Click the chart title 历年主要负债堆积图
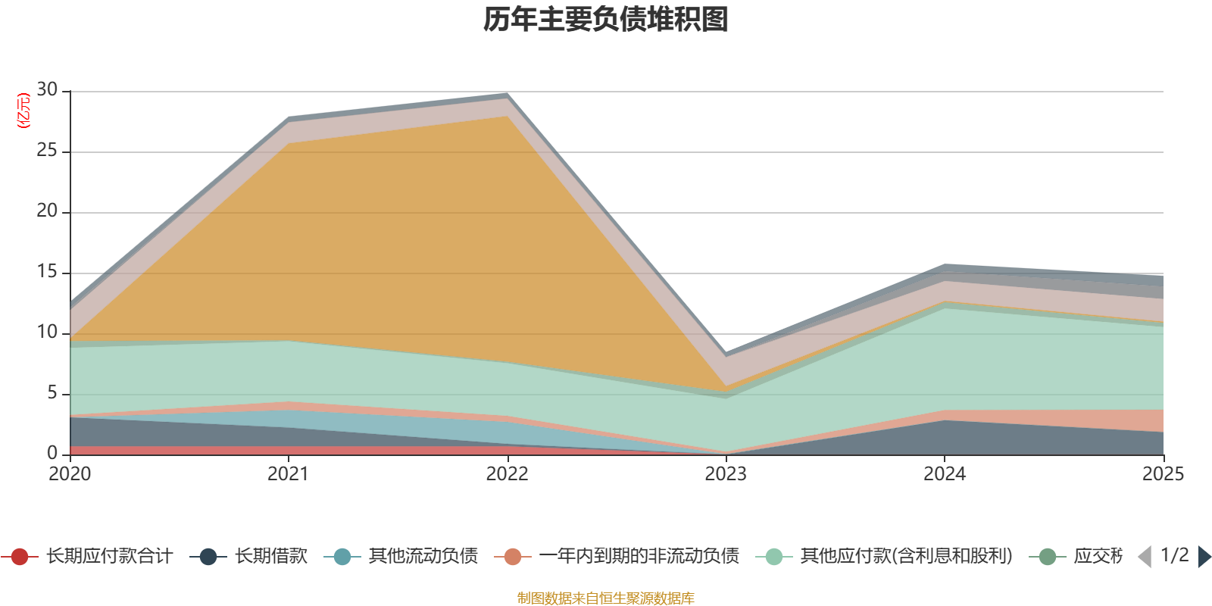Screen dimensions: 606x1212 (606, 20)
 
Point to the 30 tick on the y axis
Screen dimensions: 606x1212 (47, 90)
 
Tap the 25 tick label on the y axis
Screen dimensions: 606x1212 (47, 151)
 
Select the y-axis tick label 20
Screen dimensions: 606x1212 (47, 211)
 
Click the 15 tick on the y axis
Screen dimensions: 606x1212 (47, 272)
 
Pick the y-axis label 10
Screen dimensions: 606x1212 (47, 333)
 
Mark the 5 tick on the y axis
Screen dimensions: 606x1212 (52, 393)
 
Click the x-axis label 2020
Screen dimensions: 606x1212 (70, 474)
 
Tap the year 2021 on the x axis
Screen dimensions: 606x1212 (288, 474)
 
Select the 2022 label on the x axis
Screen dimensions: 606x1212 (507, 474)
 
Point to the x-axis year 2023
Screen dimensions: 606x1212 (726, 474)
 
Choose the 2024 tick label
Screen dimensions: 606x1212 (944, 474)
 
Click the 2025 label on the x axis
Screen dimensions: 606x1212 (1163, 474)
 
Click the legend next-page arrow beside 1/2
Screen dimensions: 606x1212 (1204, 557)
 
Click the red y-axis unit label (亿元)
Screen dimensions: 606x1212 (23, 111)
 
